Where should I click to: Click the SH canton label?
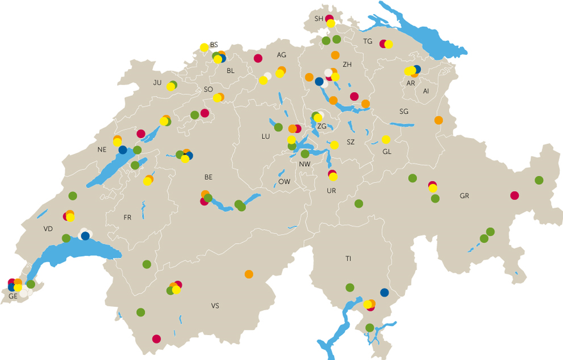(x=319, y=19)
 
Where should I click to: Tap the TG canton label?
(x=367, y=42)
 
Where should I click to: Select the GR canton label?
(x=464, y=196)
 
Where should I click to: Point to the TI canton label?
(x=348, y=258)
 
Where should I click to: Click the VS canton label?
(x=215, y=306)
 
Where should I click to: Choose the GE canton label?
(x=13, y=296)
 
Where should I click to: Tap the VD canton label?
(x=48, y=228)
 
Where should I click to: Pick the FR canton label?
(x=127, y=217)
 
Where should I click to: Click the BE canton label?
(x=208, y=176)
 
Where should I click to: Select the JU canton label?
(x=157, y=82)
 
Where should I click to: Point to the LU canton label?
(x=266, y=136)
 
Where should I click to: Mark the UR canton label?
(x=331, y=191)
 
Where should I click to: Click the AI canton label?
(x=425, y=91)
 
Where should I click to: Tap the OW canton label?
(x=284, y=182)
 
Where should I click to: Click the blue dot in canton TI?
(x=384, y=292)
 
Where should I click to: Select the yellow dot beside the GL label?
(x=386, y=139)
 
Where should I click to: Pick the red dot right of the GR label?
(x=514, y=195)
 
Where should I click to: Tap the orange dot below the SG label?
(x=438, y=120)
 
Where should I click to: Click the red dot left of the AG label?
(x=258, y=58)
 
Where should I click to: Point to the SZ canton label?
(x=351, y=142)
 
